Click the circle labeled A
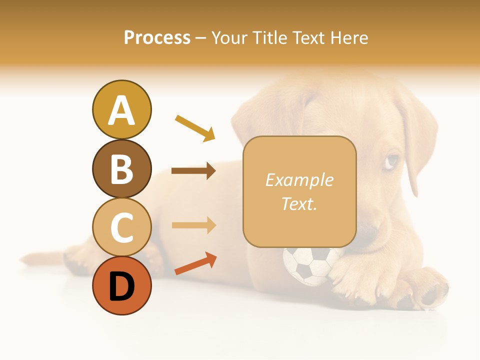click(121, 109)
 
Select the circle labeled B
click(121, 168)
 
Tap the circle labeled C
click(121, 227)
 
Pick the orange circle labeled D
click(121, 285)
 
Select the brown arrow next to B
click(193, 171)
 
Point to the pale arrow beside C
click(193, 225)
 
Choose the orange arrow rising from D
click(195, 263)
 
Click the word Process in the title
click(157, 37)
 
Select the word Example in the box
click(299, 180)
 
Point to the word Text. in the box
click(299, 203)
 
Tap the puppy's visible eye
click(392, 160)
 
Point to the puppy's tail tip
click(25, 260)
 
